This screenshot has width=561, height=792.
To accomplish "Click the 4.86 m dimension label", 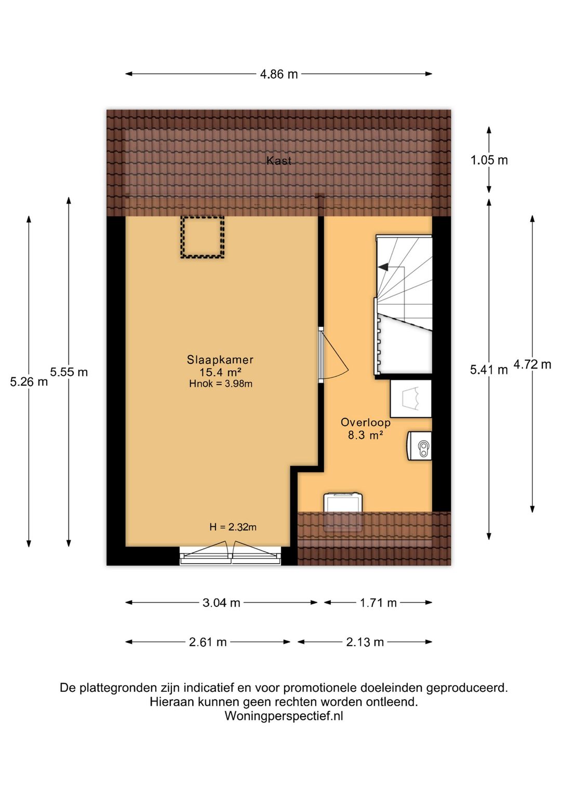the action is pyautogui.click(x=279, y=74).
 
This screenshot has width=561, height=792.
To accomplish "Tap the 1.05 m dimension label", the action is pyautogui.click(x=489, y=160).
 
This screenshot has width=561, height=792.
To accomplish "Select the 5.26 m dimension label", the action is pyautogui.click(x=29, y=382).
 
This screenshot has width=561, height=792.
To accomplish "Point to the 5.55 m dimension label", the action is pyautogui.click(x=69, y=372).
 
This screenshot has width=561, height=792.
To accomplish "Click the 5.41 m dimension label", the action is pyautogui.click(x=489, y=370).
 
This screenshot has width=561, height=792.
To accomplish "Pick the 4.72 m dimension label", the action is pyautogui.click(x=532, y=364).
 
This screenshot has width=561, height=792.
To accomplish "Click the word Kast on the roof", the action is pyautogui.click(x=279, y=161).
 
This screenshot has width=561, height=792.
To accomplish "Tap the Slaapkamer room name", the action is pyautogui.click(x=220, y=360).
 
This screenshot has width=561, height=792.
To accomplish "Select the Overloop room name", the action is pyautogui.click(x=366, y=422).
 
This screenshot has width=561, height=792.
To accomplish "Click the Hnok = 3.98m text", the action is pyautogui.click(x=221, y=384).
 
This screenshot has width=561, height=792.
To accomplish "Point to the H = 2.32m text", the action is pyautogui.click(x=233, y=527).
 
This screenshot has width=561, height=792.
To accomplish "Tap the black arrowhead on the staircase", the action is pyautogui.click(x=383, y=267).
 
